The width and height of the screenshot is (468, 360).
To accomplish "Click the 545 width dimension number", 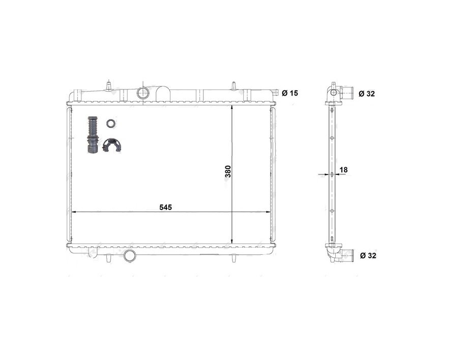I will point(166,207).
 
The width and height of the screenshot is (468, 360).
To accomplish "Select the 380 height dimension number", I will point(228,171).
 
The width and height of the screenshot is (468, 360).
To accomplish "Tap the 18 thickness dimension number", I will point(343,169).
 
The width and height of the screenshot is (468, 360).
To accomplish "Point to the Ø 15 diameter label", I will point(289,93).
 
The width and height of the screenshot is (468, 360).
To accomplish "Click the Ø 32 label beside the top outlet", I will point(367,94).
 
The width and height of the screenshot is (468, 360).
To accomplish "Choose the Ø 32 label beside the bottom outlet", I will point(367,255).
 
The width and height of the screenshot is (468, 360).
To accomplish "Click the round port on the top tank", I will point(143,93).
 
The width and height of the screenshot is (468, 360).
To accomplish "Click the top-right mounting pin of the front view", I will point(233,85).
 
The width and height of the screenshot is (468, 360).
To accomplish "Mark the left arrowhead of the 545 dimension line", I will point(72,212).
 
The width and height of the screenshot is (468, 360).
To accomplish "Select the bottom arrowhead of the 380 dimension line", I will point(232,241).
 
